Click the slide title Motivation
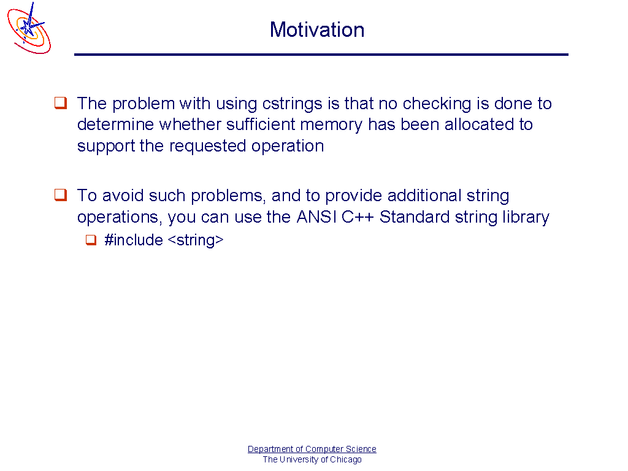(x=317, y=30)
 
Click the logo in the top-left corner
(x=29, y=28)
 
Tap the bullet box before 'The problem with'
(x=61, y=103)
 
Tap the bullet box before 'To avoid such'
(x=61, y=195)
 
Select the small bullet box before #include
(x=91, y=240)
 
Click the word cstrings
(x=292, y=103)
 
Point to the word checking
(x=437, y=103)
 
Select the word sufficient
(x=261, y=124)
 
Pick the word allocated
(x=480, y=124)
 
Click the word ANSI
(x=316, y=216)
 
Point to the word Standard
(x=415, y=216)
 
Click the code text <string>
(x=196, y=240)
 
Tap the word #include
(x=134, y=240)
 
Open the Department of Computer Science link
(x=312, y=449)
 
